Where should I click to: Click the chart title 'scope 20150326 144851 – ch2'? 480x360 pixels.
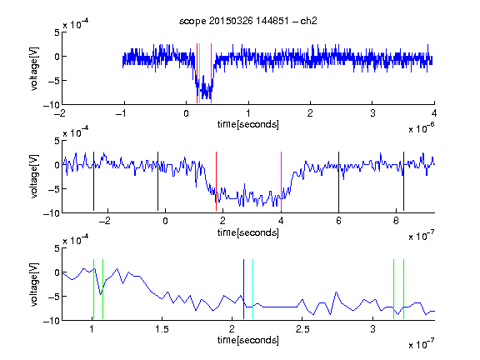tap(248, 21)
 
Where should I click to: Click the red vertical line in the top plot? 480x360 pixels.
tap(197, 73)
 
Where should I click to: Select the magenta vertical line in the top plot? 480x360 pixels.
tap(211, 73)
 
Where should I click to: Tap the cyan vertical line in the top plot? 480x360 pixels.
tap(200, 73)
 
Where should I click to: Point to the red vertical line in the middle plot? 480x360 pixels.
tap(216, 181)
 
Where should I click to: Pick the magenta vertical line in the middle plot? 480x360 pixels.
tap(282, 181)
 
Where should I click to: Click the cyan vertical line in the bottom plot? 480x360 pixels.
tap(252, 289)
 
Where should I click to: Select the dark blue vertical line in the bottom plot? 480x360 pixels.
tap(243, 289)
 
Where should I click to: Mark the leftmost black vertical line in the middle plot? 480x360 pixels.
tap(93, 181)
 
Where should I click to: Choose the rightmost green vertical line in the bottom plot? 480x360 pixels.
tap(404, 289)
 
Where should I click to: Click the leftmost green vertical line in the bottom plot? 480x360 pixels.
tap(93, 289)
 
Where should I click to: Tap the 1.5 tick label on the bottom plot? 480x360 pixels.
tap(162, 329)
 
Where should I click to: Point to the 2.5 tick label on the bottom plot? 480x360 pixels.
tap(302, 329)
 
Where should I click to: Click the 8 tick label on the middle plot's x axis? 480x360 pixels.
tap(396, 221)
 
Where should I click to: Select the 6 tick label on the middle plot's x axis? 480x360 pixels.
tap(338, 221)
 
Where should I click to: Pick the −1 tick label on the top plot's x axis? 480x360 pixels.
tap(121, 113)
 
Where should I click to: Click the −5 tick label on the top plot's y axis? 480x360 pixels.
tap(53, 81)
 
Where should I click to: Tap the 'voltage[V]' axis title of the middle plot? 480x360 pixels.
tap(34, 177)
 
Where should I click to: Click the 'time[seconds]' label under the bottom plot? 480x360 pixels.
tap(248, 340)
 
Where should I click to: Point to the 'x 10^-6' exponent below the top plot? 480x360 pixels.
tap(422, 128)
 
